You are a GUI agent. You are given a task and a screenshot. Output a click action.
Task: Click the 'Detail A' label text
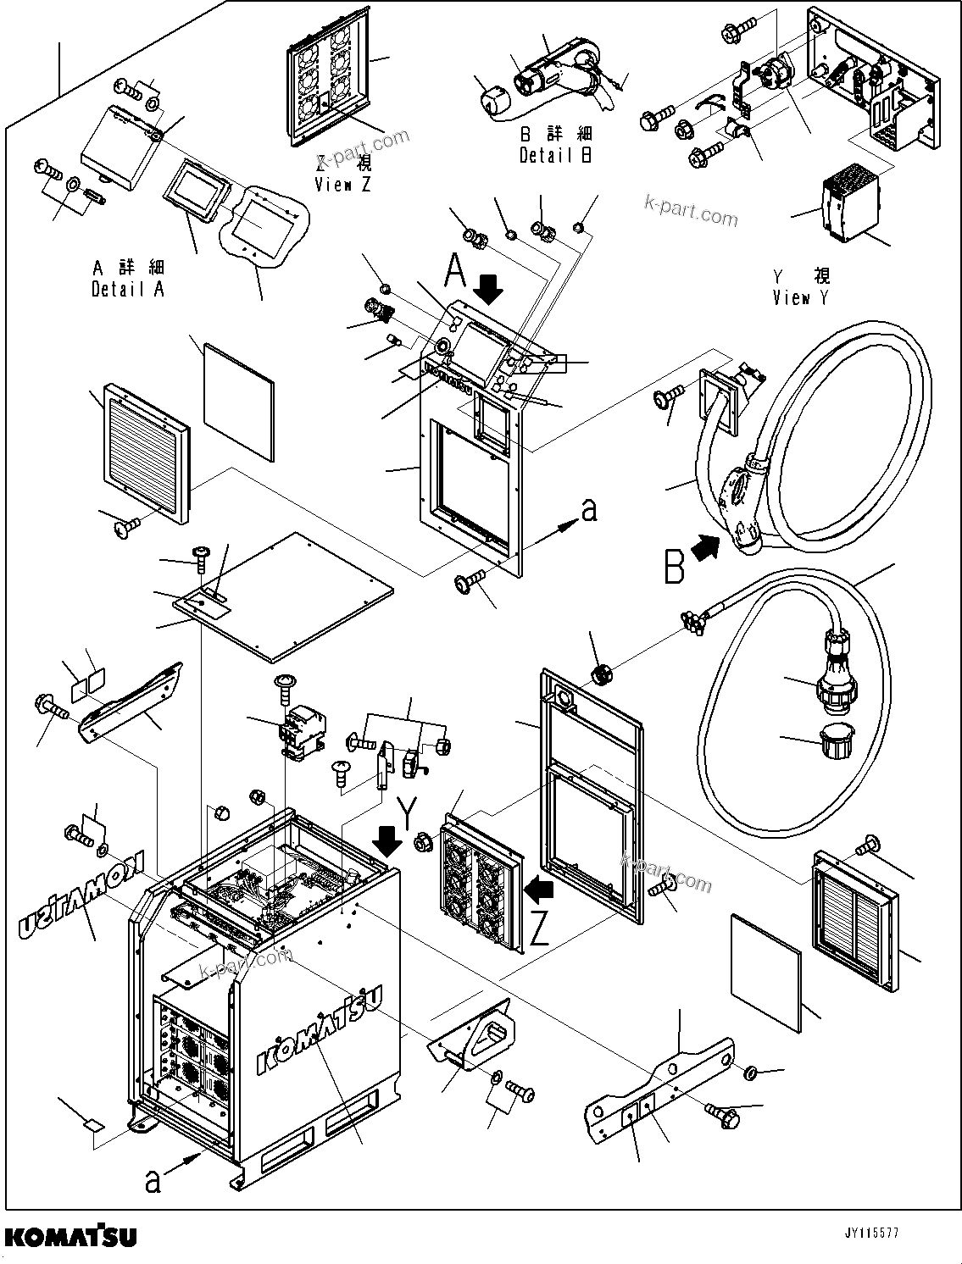(128, 289)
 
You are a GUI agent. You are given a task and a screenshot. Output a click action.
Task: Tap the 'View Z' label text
(342, 185)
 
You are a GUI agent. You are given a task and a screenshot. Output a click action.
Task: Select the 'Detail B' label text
(555, 155)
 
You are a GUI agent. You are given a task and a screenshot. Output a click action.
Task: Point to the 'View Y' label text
(800, 297)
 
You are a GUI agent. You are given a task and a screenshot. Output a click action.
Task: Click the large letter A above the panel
(456, 273)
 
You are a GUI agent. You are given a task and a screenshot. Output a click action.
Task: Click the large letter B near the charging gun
(674, 568)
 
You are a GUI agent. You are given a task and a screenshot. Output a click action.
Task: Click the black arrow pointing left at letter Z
(539, 890)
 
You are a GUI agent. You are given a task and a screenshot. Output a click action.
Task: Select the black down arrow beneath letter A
(488, 291)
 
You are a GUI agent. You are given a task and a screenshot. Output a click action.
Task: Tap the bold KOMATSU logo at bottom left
(70, 1236)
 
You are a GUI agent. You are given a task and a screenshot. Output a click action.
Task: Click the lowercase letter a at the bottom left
(153, 1178)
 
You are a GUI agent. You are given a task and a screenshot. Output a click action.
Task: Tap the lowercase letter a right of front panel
(589, 509)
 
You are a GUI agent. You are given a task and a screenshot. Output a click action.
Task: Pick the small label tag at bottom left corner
(93, 1126)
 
